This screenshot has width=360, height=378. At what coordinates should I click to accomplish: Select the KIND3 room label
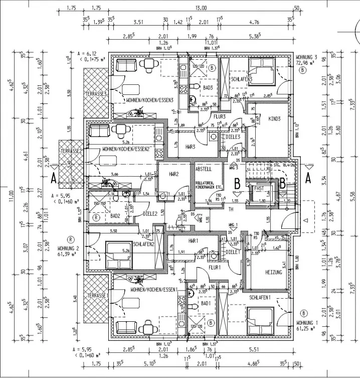tap(275, 119)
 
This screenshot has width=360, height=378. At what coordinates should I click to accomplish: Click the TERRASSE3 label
tap(96, 94)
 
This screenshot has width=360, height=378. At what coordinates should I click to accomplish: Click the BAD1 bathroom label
tap(206, 304)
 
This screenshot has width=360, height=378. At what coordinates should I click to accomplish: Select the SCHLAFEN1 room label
tap(260, 298)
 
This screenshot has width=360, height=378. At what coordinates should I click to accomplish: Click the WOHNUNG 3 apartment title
tap(307, 58)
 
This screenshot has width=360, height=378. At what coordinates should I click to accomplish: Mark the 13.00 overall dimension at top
tap(201, 8)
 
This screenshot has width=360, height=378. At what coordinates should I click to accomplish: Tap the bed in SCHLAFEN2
tap(119, 255)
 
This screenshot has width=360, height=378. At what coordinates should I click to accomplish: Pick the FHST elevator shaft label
tap(259, 188)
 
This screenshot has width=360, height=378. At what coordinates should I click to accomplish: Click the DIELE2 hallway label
tap(151, 213)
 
